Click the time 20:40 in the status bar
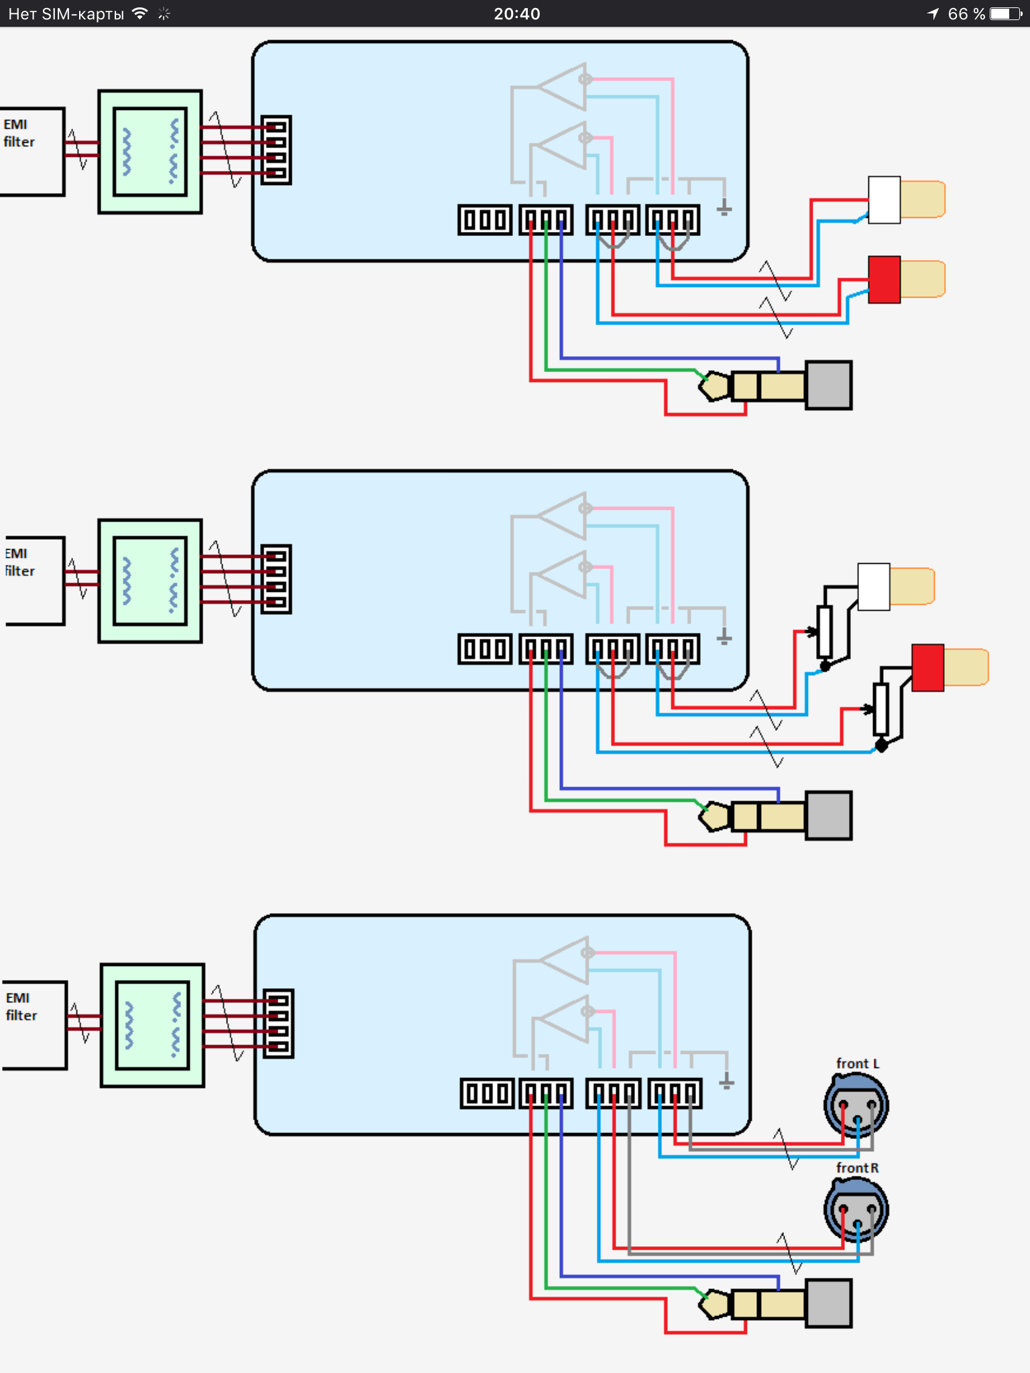(516, 13)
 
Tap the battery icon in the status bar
(1005, 13)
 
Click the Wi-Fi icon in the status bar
(140, 13)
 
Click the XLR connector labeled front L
(856, 1105)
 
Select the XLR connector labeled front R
(856, 1209)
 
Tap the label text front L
(857, 1064)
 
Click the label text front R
(857, 1168)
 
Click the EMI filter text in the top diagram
(19, 133)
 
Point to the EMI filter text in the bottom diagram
(21, 1007)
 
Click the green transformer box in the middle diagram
(150, 581)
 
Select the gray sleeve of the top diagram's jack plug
(829, 385)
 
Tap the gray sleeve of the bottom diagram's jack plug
(829, 1303)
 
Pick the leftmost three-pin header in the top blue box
(485, 220)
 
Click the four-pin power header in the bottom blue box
(278, 1024)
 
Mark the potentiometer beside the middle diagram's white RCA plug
(824, 632)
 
